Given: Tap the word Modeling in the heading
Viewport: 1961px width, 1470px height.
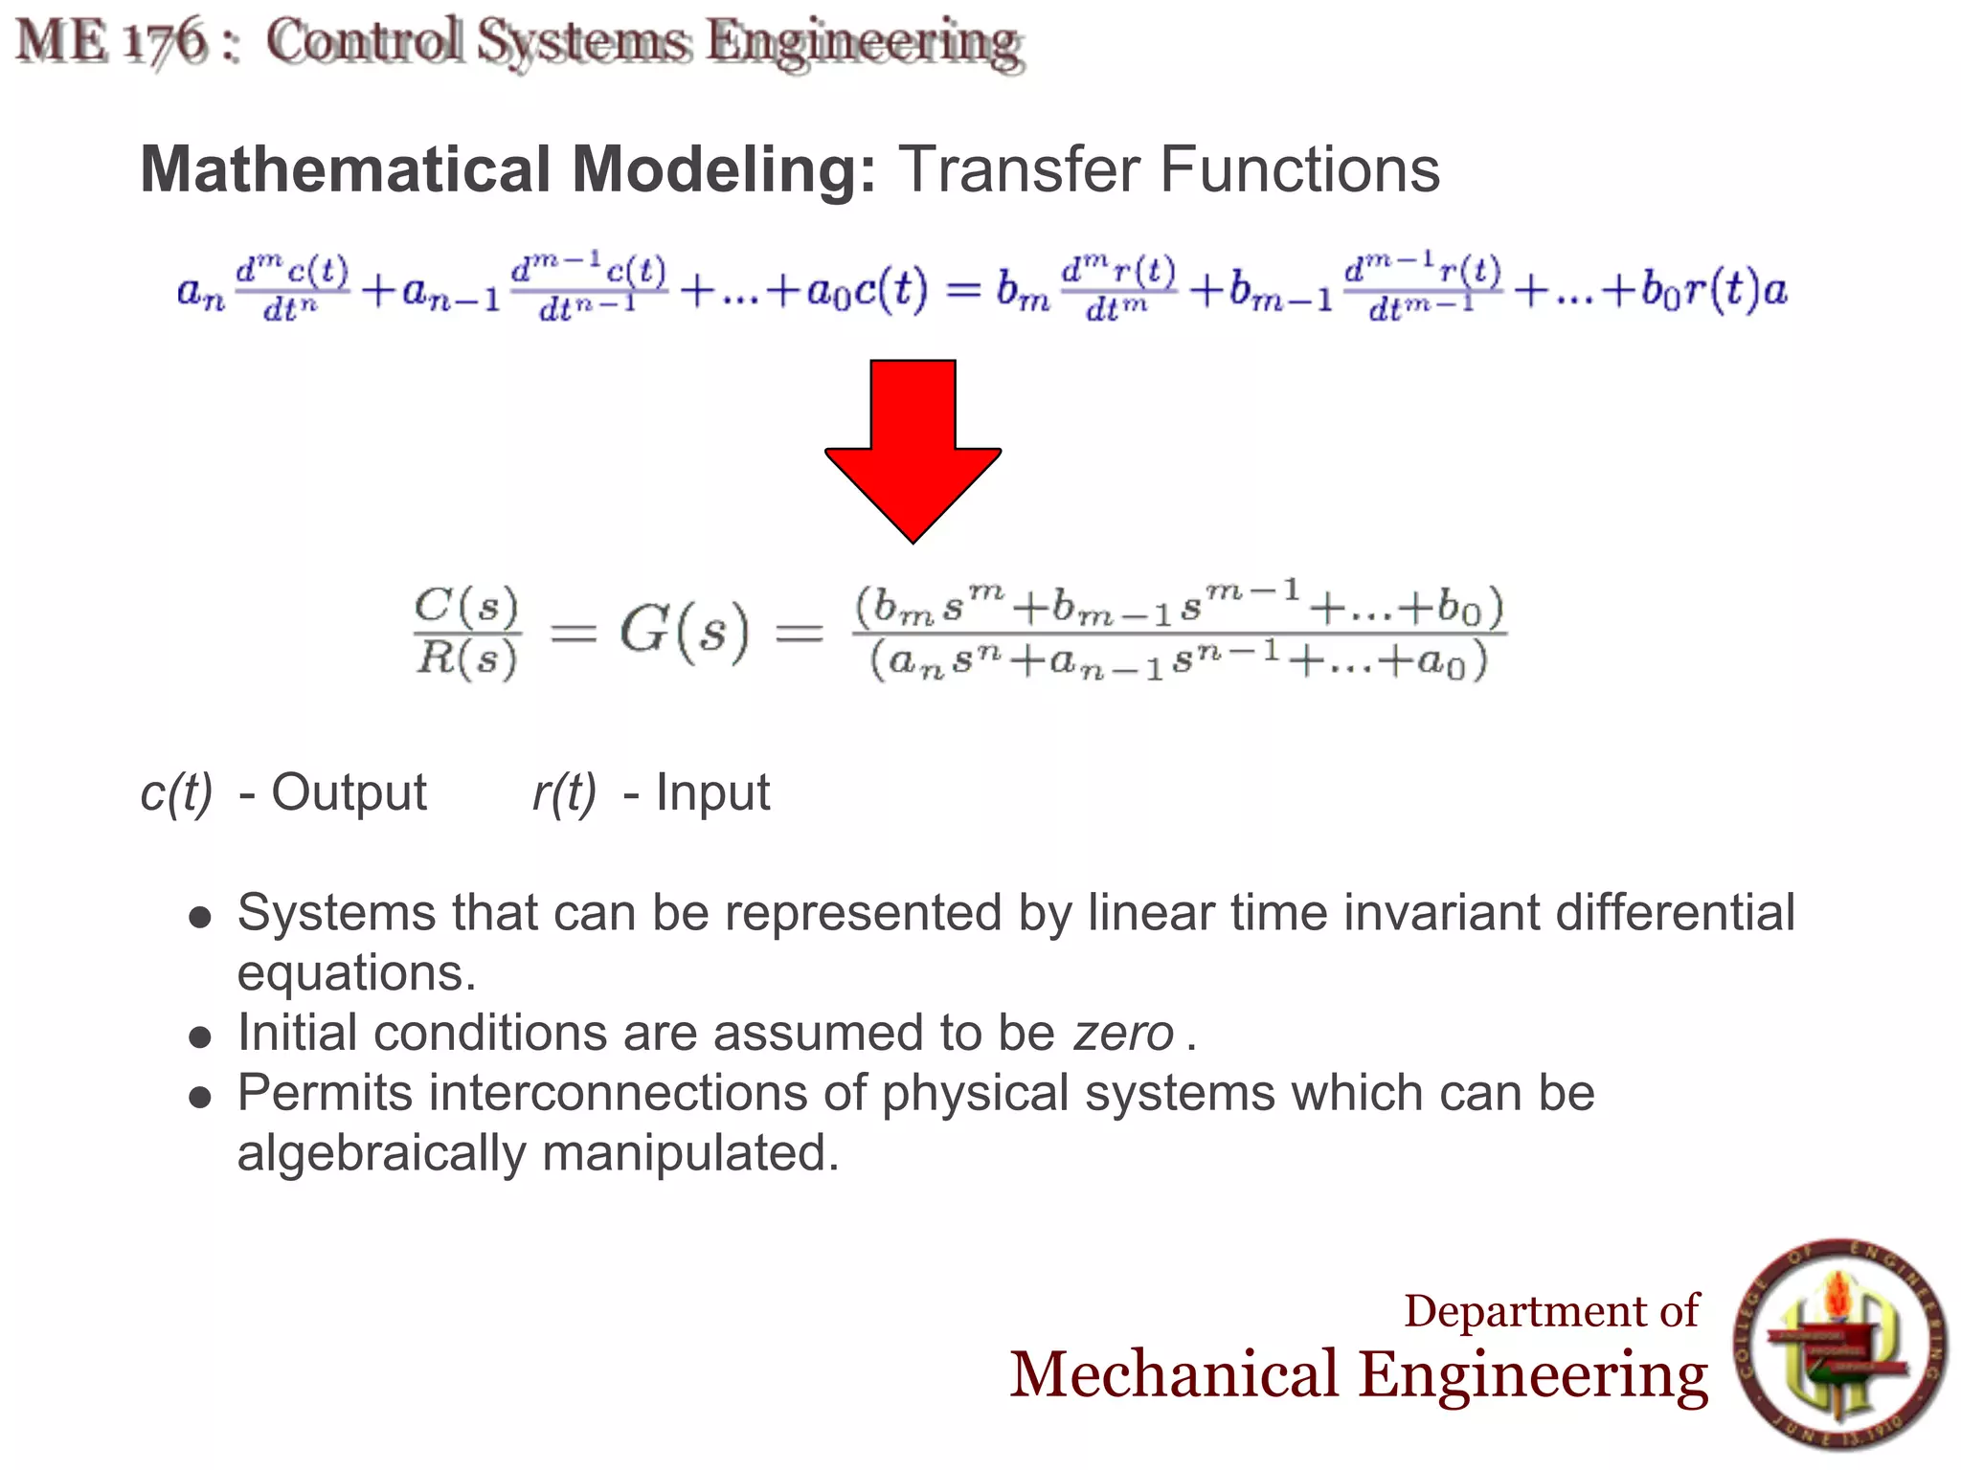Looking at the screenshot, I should pos(723,169).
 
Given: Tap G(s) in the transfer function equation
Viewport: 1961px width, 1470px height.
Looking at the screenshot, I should pos(683,632).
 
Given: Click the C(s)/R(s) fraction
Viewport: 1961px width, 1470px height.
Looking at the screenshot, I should pos(467,632).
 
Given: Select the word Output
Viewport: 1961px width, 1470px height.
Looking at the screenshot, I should pos(349,792).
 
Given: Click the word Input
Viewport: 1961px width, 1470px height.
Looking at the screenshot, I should pos(712,792).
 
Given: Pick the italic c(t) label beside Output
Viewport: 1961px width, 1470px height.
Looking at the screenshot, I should pos(176,792).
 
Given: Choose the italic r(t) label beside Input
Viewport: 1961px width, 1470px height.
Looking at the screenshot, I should pos(564,792).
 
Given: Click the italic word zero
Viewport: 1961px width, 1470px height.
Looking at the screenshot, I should pos(1123,1034).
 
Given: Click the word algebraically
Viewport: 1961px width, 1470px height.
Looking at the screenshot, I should pos(381,1153).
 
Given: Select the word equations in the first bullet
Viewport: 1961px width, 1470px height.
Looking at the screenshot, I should pos(356,973).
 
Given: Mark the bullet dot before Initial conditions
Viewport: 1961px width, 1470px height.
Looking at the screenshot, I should pos(199,1036).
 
